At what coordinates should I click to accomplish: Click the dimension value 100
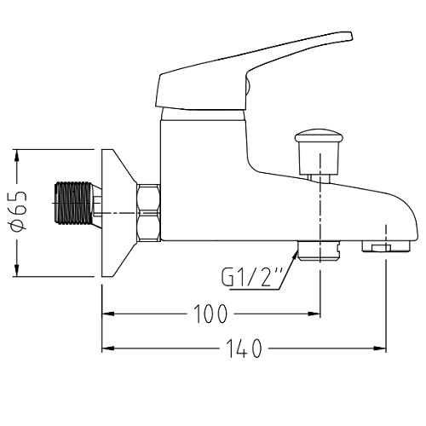tap(210, 314)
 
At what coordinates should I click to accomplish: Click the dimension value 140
tap(244, 348)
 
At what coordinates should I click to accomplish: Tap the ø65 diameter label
tap(18, 211)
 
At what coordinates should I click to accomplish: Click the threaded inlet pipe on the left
tap(74, 203)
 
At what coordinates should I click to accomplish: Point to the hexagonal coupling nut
tap(149, 213)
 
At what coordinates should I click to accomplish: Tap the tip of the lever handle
tap(351, 36)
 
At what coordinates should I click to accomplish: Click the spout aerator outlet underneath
tap(386, 246)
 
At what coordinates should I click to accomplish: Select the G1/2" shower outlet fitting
tap(319, 250)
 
